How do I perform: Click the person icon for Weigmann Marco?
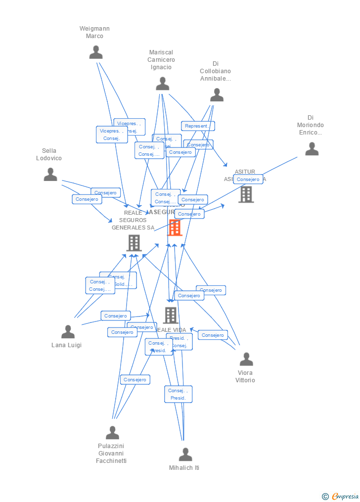tap(96, 52)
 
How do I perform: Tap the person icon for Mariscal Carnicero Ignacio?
tap(163, 84)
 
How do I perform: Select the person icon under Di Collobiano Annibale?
tap(217, 95)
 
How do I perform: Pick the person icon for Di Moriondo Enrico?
tap(312, 149)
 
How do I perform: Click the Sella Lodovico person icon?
tap(50, 175)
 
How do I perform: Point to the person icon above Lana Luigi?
tap(68, 332)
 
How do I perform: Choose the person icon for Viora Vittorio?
tap(246, 360)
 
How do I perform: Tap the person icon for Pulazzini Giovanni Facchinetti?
tap(112, 433)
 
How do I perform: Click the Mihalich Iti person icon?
tap(185, 455)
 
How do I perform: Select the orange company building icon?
tap(175, 228)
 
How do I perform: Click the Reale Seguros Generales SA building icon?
tap(134, 243)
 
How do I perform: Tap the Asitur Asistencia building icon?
tap(246, 194)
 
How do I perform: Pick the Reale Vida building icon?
tap(171, 315)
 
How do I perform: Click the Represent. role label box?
tap(198, 126)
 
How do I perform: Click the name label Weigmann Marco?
tap(94, 32)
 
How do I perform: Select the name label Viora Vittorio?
tap(245, 376)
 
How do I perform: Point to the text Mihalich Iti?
tap(184, 468)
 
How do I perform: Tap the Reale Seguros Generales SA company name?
tap(133, 220)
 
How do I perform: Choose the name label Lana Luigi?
tap(66, 345)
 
